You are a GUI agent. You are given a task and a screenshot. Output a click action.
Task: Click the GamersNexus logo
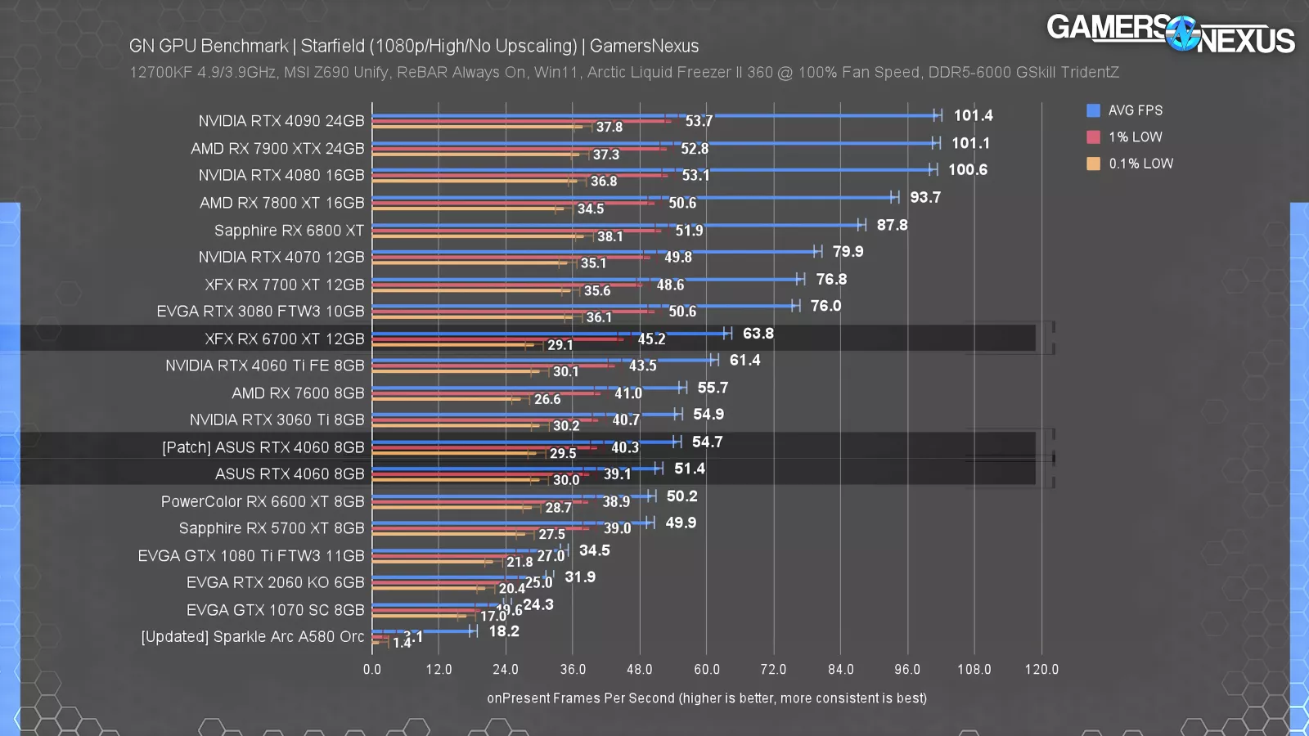[x=1170, y=34]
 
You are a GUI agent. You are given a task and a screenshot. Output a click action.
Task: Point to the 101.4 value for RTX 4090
[x=973, y=115]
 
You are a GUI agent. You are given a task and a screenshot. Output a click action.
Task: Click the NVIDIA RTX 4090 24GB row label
[x=281, y=121]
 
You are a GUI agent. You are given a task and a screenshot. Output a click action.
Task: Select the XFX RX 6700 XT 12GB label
[x=284, y=339]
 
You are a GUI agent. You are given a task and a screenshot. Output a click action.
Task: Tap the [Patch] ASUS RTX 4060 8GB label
[x=263, y=447]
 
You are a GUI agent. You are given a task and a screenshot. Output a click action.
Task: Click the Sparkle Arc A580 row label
[x=252, y=636]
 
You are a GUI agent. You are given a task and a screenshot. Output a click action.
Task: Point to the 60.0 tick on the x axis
[x=707, y=669]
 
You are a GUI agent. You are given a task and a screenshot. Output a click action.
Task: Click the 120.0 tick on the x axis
[x=1041, y=669]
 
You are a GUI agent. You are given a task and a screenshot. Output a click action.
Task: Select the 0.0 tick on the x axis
[x=372, y=669]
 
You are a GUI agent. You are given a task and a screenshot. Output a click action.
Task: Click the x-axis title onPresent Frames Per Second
[x=707, y=698]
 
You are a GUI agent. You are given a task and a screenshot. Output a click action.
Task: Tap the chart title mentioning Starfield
[x=413, y=46]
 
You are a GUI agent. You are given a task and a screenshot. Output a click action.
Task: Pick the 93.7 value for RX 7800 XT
[x=925, y=197]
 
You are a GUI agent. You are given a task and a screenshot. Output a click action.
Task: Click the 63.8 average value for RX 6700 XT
[x=758, y=334]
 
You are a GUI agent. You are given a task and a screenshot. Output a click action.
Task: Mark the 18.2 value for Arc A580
[x=504, y=631]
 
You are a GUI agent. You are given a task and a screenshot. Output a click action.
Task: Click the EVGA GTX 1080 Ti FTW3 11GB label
[x=250, y=556]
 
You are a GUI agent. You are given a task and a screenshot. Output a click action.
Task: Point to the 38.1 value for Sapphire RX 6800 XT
[x=610, y=236]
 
